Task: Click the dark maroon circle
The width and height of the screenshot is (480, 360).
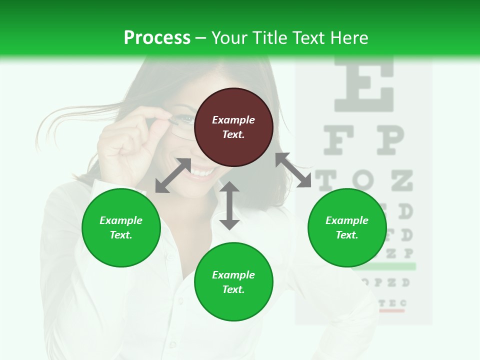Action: pos(233,127)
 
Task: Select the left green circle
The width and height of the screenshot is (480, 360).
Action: pos(121,227)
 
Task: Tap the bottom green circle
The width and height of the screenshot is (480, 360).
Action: pos(233,282)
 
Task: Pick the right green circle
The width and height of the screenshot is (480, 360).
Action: pos(347,227)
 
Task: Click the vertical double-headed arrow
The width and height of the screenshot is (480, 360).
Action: pos(229,205)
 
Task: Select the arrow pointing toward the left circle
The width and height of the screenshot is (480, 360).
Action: pos(173,175)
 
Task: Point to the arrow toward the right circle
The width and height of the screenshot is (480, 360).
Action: pos(293,170)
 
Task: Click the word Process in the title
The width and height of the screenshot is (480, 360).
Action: pos(157,37)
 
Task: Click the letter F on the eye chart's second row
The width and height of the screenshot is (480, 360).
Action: pos(340,140)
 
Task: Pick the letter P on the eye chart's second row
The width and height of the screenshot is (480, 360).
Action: pos(389,140)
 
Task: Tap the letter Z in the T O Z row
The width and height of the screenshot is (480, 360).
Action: pos(401,180)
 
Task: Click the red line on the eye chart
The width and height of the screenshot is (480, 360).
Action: pos(391,310)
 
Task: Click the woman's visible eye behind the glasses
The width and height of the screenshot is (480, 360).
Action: pos(186,119)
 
